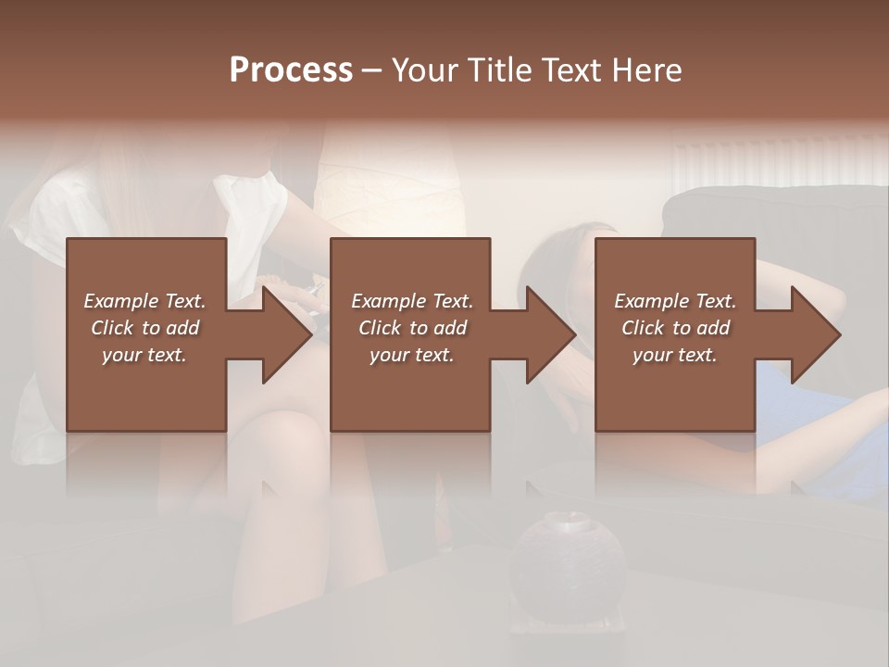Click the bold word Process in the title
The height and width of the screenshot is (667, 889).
291,70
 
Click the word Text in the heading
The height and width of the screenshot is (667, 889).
571,70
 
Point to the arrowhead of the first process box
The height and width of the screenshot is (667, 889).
287,334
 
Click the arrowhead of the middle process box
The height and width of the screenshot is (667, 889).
551,334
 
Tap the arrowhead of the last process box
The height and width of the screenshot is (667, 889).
816,334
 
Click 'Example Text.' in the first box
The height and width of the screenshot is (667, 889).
144,301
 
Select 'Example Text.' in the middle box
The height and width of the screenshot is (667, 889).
412,301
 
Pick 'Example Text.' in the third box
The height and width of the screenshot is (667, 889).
675,301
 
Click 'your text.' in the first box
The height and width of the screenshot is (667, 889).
144,355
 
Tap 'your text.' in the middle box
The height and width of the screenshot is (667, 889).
412,355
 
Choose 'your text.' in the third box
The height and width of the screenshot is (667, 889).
675,355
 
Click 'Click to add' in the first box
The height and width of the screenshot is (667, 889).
144,328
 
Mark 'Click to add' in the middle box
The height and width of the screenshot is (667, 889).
412,328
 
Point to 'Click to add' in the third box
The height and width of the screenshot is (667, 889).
675,328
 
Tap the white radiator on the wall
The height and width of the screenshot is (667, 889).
778,159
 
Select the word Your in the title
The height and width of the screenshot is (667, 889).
425,70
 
